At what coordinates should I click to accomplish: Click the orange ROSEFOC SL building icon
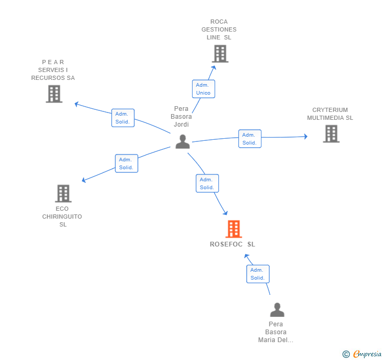233,229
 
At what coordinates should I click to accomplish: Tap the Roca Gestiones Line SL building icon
220,54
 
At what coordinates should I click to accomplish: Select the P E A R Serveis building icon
54,94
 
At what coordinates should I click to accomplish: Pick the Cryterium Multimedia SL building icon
331,134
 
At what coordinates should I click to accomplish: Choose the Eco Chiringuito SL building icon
63,193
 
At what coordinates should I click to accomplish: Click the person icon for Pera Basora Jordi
183,141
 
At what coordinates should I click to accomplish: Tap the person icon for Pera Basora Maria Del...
277,310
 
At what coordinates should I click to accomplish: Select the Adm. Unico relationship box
203,89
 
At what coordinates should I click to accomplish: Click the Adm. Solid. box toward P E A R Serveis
123,118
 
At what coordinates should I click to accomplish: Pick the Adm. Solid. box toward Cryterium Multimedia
249,139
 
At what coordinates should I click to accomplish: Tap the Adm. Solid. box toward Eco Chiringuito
126,163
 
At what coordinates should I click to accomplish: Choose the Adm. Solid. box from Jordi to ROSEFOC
207,183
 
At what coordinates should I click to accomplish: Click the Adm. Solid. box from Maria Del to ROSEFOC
257,274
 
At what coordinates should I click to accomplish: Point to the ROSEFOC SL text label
233,244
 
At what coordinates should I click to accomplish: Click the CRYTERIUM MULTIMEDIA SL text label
330,114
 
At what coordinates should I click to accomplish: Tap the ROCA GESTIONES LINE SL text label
219,29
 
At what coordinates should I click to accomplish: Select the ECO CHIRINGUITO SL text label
62,217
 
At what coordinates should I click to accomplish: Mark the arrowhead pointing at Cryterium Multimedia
305,137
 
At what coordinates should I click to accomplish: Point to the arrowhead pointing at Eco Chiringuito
84,181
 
